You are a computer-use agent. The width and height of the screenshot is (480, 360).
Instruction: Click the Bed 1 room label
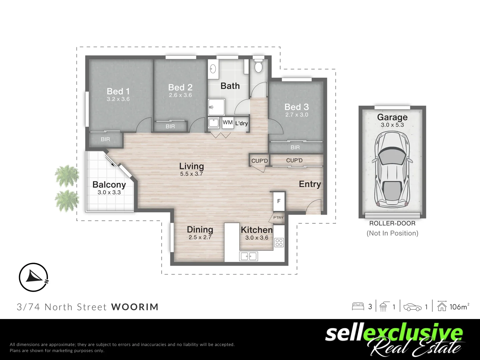tap(118, 91)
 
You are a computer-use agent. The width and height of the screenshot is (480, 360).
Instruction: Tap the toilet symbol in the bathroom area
tap(259, 66)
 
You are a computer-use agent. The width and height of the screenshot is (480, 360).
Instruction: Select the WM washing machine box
tap(228, 123)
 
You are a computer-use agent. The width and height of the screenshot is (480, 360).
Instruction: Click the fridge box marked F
tap(279, 201)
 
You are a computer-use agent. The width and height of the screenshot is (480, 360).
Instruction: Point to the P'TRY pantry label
tap(278, 218)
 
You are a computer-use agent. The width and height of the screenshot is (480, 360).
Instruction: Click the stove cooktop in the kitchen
tap(279, 242)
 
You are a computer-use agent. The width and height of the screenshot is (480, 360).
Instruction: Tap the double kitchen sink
tap(249, 256)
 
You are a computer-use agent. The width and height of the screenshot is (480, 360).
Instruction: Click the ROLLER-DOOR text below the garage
tap(392, 223)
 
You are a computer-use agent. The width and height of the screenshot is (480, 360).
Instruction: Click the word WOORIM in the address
tap(135, 307)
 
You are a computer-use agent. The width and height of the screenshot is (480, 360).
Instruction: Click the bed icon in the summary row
tap(358, 306)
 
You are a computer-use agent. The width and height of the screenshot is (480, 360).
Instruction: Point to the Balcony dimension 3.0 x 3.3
tap(109, 192)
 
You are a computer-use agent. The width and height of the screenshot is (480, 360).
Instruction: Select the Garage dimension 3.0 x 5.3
tap(392, 125)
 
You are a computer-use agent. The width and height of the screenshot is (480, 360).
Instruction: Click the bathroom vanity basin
tap(213, 69)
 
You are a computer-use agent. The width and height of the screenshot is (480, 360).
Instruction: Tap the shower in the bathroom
tap(217, 107)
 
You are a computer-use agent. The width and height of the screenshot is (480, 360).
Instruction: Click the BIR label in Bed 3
tap(295, 147)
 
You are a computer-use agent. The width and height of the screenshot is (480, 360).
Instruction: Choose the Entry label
tap(310, 184)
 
